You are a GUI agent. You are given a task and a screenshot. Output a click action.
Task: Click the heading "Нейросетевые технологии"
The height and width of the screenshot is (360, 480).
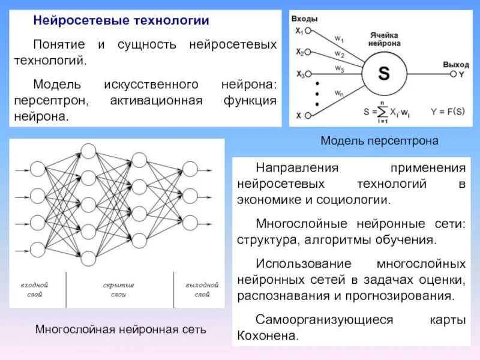click(x=121, y=21)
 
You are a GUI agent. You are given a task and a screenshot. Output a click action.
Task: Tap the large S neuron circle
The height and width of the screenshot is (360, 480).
click(x=383, y=74)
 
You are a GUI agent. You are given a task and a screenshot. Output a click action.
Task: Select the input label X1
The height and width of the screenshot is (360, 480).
click(x=299, y=30)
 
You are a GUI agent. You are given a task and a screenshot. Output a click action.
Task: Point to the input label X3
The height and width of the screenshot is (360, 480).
click(x=300, y=74)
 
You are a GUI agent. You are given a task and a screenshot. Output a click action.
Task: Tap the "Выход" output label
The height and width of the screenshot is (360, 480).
click(x=456, y=64)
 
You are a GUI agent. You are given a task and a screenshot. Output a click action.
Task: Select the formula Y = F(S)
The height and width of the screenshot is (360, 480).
click(x=447, y=111)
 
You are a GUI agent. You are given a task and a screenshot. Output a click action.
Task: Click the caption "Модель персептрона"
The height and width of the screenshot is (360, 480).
click(x=379, y=140)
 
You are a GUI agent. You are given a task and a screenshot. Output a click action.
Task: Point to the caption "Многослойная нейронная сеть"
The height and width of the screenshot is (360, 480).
click(x=121, y=329)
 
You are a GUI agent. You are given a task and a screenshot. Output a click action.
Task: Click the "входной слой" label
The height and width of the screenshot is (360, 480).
click(x=35, y=290)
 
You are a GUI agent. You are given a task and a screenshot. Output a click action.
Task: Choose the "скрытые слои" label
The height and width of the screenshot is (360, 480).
click(x=118, y=290)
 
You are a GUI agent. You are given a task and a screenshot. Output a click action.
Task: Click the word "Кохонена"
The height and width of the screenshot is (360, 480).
click(x=268, y=335)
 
